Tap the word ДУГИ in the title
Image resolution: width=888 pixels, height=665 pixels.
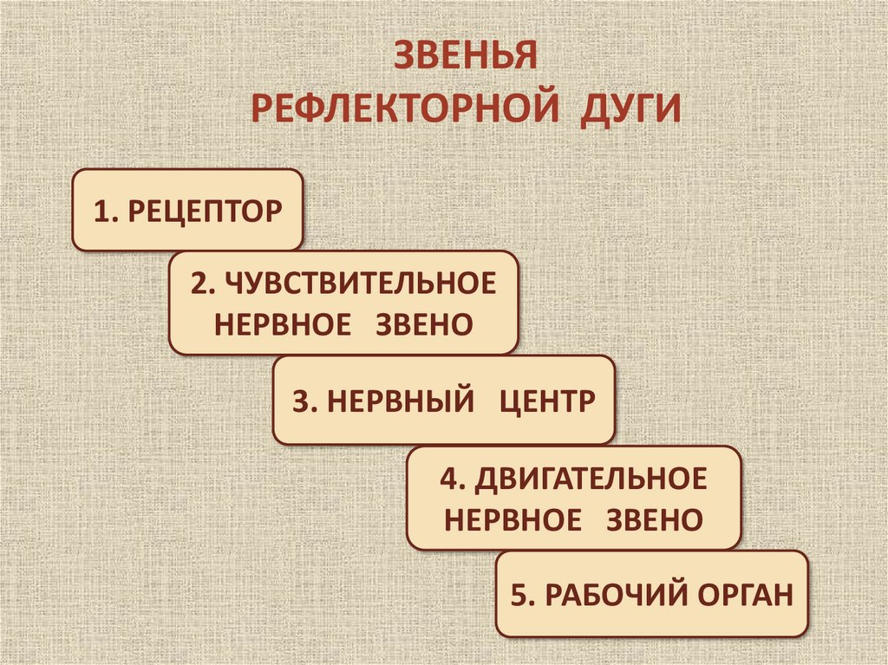[630, 110]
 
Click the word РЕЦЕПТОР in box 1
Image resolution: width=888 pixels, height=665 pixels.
[206, 211]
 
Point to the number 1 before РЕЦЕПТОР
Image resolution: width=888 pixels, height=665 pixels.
[103, 211]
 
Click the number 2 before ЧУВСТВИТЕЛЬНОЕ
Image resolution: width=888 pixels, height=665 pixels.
[202, 283]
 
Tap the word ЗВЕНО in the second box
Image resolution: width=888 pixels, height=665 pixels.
[425, 325]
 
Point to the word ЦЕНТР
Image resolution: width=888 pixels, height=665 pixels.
[548, 401]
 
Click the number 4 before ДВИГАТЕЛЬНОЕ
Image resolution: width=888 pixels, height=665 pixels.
[447, 478]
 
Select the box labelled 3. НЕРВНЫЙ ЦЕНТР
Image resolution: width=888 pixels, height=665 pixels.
[444, 401]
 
